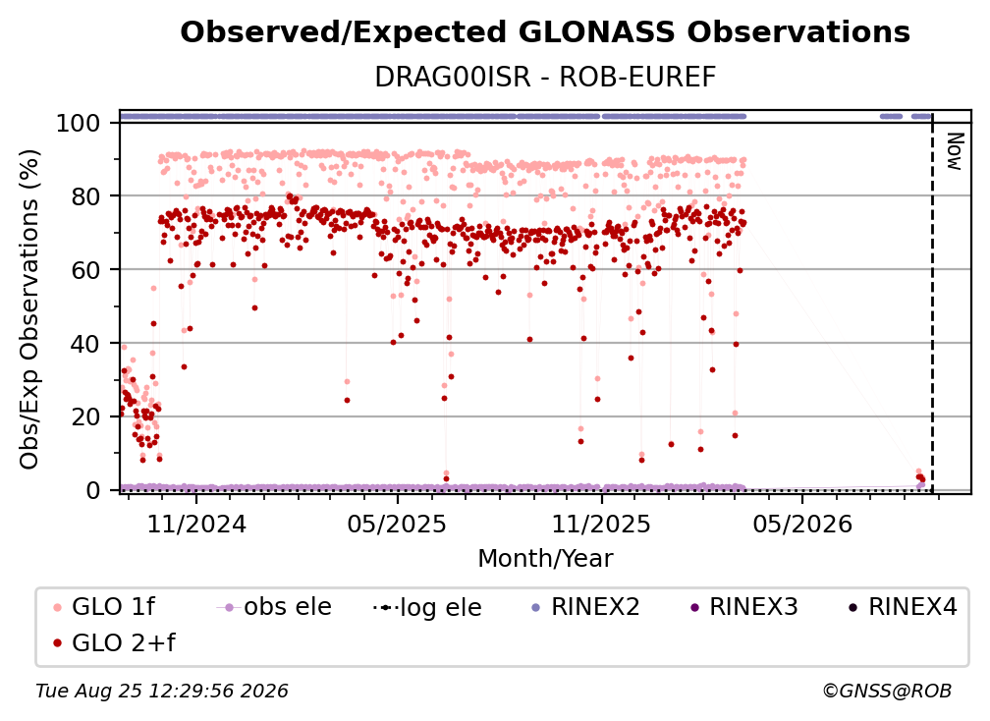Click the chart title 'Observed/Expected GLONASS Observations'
pos(545,32)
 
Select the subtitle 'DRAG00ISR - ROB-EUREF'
pos(545,77)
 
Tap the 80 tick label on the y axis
pos(85,196)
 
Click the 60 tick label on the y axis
pos(85,269)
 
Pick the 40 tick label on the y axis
pos(85,344)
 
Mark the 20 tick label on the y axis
pos(85,416)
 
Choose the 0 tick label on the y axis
pos(93,490)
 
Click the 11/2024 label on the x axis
pos(196,524)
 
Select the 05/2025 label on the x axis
pos(397,524)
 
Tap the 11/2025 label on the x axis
pos(601,524)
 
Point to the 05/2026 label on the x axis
pos(802,524)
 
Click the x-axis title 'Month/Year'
pos(545,558)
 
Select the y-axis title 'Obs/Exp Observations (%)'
pos(29,308)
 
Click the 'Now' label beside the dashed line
pos(954,151)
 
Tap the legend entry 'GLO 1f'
pos(105,607)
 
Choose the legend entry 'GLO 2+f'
pos(115,642)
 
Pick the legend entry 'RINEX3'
pos(744,607)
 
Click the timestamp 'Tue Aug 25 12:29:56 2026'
pos(162,692)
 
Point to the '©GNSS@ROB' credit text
pos(887,692)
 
